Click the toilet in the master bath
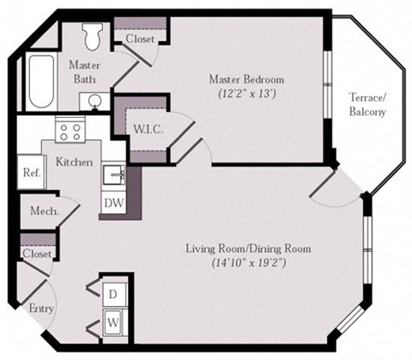(92, 36)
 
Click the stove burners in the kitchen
(68, 131)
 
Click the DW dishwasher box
(112, 202)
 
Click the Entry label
(40, 308)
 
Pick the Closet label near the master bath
(139, 40)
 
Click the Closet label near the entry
(36, 254)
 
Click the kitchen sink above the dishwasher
(112, 175)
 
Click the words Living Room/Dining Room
(248, 249)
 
